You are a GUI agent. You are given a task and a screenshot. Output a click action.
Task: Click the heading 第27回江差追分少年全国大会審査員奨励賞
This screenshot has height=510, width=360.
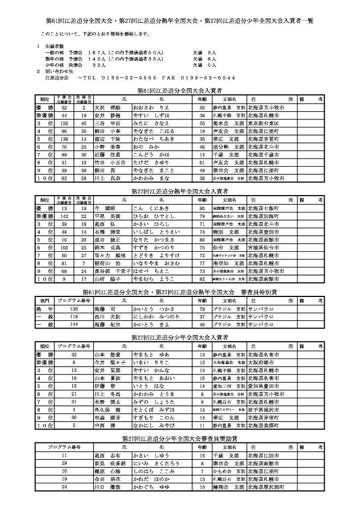(x=180, y=438)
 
